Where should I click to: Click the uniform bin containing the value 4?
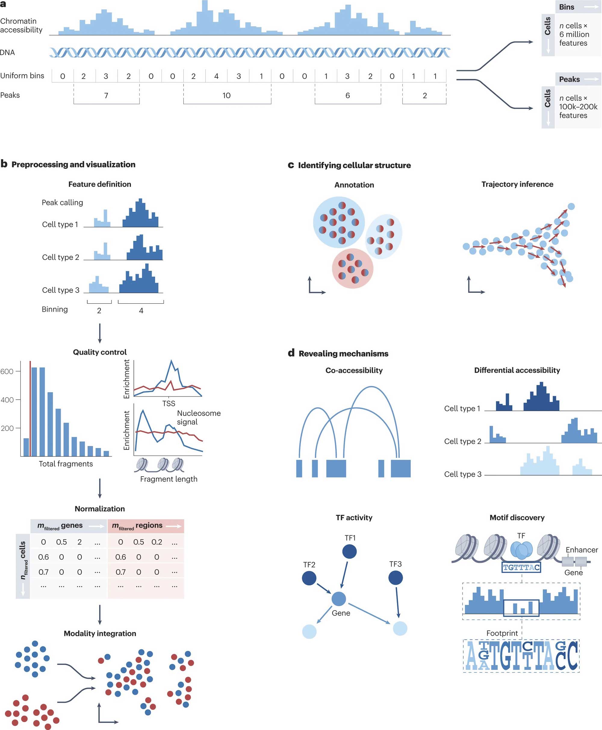tap(216, 76)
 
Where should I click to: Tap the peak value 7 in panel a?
tap(106, 96)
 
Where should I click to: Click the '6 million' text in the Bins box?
tap(574, 34)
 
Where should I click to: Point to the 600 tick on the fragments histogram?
tap(7, 371)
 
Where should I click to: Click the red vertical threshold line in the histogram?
tap(30, 409)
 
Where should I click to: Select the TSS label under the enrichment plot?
tap(169, 404)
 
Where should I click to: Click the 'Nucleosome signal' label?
tap(198, 417)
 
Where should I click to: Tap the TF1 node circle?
tap(349, 552)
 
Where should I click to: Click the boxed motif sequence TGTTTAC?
tap(521, 568)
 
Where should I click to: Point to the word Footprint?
tap(502, 633)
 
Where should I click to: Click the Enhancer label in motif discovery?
tap(582, 550)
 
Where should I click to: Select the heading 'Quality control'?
tap(100, 352)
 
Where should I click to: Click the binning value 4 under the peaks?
tap(141, 311)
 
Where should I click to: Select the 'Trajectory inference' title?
tap(517, 184)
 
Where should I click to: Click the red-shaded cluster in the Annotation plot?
tap(353, 269)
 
